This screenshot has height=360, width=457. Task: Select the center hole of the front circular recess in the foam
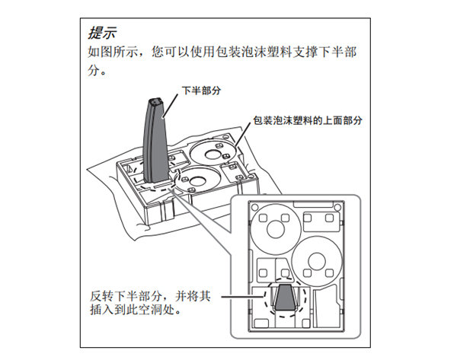pyautogui.click(x=195, y=180)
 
